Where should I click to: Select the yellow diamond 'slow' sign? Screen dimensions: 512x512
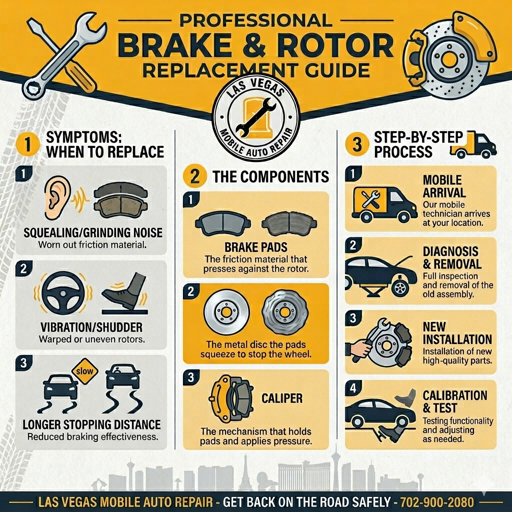click(85, 371)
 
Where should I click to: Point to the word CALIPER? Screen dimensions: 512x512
click(282, 398)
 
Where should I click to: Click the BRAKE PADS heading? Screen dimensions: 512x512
click(256, 247)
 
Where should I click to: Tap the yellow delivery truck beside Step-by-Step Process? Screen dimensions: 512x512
click(473, 145)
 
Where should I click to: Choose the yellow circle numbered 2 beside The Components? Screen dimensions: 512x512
click(194, 176)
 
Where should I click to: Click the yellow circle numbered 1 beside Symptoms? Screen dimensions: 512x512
click(27, 144)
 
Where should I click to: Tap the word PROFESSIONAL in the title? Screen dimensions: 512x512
click(255, 20)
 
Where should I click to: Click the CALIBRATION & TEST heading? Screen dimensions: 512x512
click(455, 401)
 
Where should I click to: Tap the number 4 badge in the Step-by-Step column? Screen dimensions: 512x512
click(353, 388)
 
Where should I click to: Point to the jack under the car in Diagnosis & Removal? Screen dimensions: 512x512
click(372, 291)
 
